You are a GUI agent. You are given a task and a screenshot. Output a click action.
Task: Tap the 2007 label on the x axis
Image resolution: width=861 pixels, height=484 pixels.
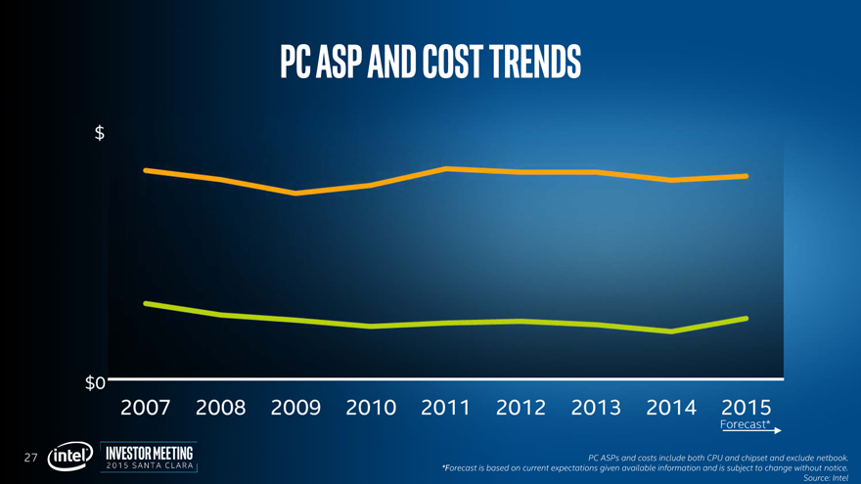pos(146,407)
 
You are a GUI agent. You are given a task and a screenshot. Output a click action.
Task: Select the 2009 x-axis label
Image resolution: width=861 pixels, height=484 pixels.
pos(295,407)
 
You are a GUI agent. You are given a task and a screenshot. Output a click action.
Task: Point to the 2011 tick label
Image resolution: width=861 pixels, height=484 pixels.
pos(446,407)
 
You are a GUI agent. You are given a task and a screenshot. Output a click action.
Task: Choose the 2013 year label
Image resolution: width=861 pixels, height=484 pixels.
pos(596,407)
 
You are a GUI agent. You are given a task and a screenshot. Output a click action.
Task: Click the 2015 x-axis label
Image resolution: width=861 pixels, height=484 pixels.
pos(747,407)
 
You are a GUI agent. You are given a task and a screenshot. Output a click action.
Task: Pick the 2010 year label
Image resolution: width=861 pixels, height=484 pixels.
pos(371,407)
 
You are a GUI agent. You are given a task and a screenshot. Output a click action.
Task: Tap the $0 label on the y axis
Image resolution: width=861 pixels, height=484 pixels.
pos(95,382)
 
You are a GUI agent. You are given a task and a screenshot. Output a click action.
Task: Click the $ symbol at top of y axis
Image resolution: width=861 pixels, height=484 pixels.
pos(100,134)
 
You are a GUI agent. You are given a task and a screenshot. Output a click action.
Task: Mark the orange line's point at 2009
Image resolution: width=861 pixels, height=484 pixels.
pos(295,194)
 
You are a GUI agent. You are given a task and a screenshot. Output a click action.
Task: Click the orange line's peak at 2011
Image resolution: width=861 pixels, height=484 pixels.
pos(446,169)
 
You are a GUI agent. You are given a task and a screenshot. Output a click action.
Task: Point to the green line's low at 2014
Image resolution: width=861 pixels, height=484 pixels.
pos(671,331)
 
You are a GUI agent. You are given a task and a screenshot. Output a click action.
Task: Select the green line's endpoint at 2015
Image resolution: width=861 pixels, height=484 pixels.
pos(747,319)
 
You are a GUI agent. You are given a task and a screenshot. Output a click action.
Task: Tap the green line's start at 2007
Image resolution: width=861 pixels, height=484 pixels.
pos(146,303)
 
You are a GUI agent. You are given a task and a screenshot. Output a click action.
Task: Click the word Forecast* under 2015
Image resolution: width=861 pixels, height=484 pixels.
pos(745,425)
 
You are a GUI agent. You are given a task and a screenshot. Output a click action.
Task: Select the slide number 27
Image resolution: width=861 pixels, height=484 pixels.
pos(31,457)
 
